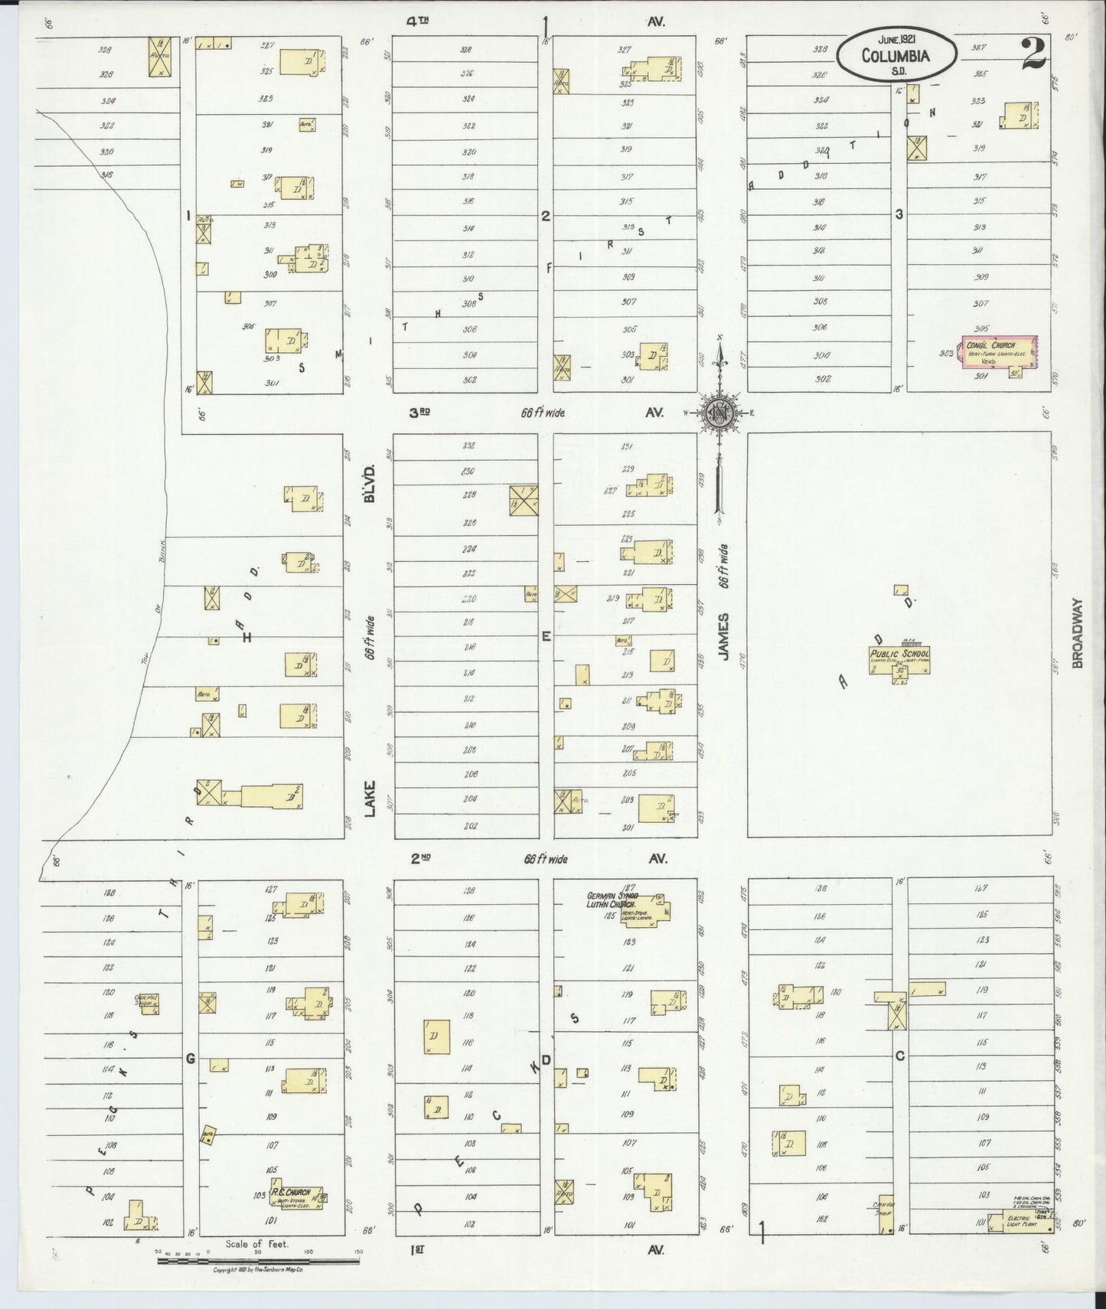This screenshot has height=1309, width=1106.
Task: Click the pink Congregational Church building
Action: click(x=999, y=357)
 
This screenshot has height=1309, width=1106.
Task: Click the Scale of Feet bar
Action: click(x=258, y=1258)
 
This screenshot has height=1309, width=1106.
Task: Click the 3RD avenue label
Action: click(x=419, y=413)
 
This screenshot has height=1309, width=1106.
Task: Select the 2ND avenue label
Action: click(x=420, y=859)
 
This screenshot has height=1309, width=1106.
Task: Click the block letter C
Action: click(x=900, y=1056)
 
